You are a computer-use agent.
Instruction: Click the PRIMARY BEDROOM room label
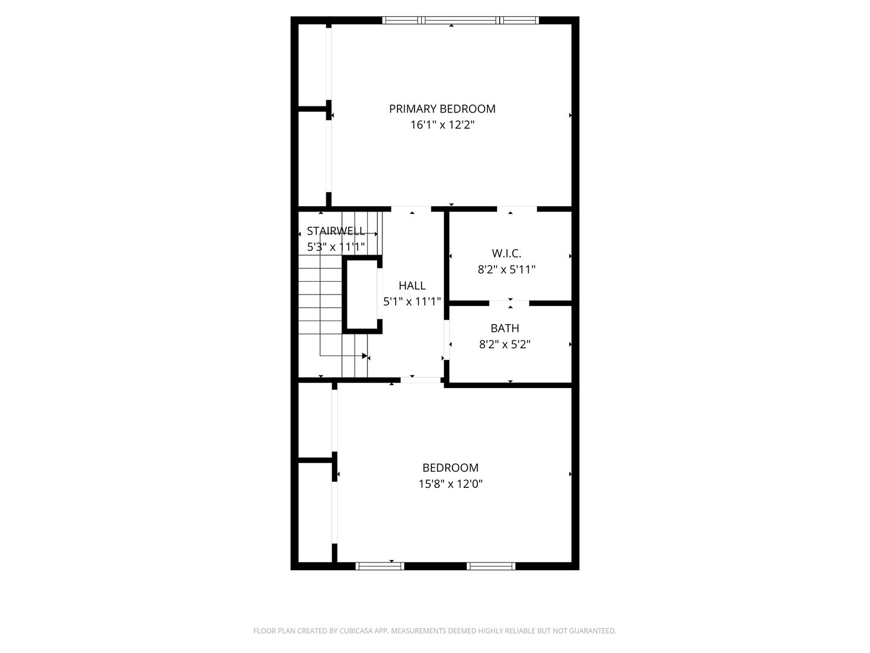pos(442,109)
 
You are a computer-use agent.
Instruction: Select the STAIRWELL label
pos(335,231)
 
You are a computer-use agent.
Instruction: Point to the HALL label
pos(412,285)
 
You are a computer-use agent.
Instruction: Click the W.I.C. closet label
pos(506,253)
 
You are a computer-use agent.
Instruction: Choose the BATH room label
pos(504,328)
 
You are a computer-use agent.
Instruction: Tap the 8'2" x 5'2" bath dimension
pos(504,345)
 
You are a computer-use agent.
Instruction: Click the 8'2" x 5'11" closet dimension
pos(506,270)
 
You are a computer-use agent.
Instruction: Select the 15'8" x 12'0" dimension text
pos(450,484)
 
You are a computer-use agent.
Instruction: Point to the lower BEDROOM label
pos(450,467)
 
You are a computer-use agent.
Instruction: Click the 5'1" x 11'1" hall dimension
pos(412,301)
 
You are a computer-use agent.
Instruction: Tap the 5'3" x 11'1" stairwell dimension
pos(335,247)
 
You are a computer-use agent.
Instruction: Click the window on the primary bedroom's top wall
pos(460,20)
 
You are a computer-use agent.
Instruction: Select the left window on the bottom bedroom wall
pos(379,567)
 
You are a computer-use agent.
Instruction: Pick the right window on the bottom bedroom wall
pos(491,567)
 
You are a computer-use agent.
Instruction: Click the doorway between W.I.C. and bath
pos(509,302)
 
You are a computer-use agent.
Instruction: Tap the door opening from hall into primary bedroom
pos(411,209)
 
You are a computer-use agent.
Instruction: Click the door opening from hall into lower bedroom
pos(420,380)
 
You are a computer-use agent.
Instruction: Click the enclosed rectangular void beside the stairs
pos(362,294)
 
